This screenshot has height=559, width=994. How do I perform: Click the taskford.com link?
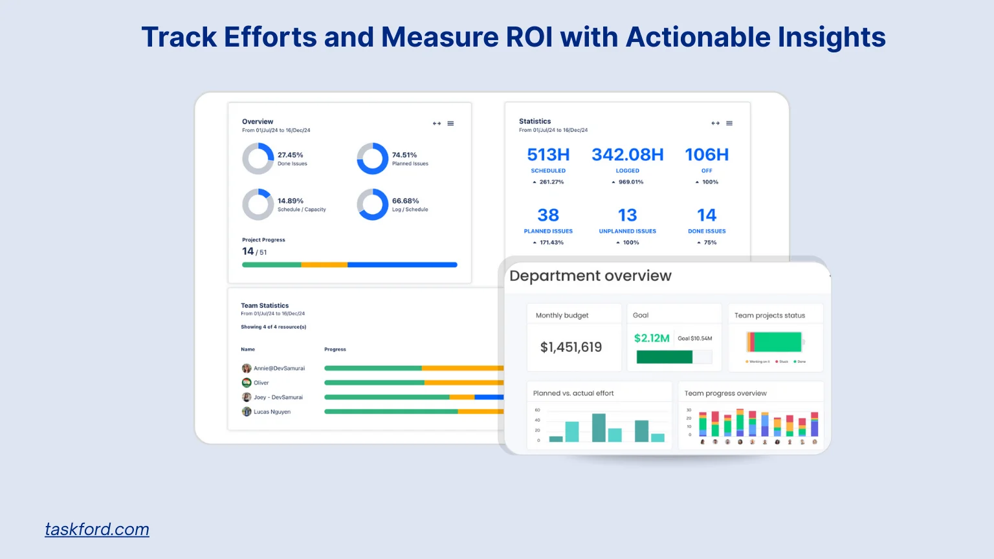point(97,529)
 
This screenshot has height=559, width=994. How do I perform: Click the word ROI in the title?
point(529,37)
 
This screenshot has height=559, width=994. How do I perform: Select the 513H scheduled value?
point(548,155)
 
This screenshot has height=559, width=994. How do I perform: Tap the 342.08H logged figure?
point(627,155)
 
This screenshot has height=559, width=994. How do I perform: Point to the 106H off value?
point(707,155)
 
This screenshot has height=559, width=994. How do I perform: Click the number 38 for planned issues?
point(548,215)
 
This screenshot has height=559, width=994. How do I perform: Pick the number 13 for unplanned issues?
point(627,215)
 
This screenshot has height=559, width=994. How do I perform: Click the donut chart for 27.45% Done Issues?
point(258,159)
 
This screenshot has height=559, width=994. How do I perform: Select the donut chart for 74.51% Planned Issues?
point(373,159)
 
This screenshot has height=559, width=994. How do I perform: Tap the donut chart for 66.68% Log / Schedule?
point(373,204)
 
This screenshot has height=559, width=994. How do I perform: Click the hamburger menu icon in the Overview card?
point(450,124)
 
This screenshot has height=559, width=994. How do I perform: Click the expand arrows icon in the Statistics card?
point(715,123)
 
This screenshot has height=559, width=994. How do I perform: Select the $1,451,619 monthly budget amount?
point(571,347)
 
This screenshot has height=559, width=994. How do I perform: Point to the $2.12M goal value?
point(652,338)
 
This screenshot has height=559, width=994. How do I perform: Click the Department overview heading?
point(590,276)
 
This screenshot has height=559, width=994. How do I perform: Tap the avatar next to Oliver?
point(247,382)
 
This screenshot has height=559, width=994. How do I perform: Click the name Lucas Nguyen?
point(272,411)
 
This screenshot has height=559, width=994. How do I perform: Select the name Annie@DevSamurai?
point(279,368)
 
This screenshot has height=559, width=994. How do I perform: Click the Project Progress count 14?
point(248,251)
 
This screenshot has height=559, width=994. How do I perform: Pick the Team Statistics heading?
point(265,305)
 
